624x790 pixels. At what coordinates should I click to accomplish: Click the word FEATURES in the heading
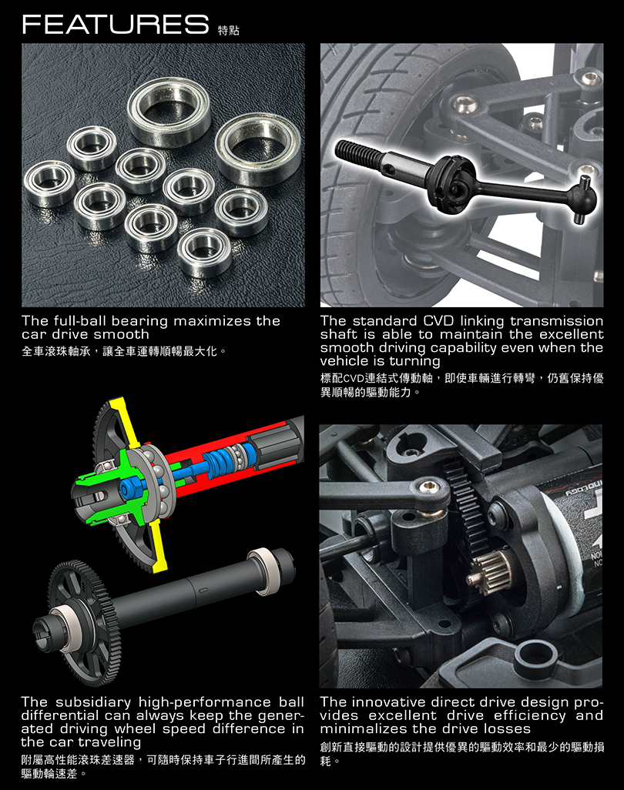[116, 24]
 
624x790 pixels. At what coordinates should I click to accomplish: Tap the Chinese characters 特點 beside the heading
[228, 30]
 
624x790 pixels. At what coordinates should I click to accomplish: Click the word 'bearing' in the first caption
[139, 321]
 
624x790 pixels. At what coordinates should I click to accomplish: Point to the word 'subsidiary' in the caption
[93, 702]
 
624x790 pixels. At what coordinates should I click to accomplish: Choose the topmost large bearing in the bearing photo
[169, 112]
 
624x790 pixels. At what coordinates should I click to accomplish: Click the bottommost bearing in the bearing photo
[205, 252]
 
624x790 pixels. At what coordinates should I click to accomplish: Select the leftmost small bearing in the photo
[49, 184]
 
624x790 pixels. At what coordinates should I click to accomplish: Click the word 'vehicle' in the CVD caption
[345, 361]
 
